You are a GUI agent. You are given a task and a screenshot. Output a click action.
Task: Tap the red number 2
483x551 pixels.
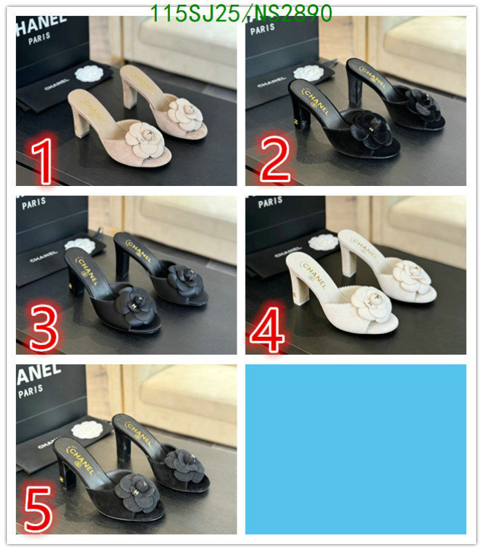coord(273,158)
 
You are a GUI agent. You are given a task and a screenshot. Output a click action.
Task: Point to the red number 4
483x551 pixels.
coord(268,330)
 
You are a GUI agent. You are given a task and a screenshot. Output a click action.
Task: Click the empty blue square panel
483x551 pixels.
coord(355,449)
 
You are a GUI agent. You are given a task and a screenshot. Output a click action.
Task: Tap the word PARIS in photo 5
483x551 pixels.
coord(31,391)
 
